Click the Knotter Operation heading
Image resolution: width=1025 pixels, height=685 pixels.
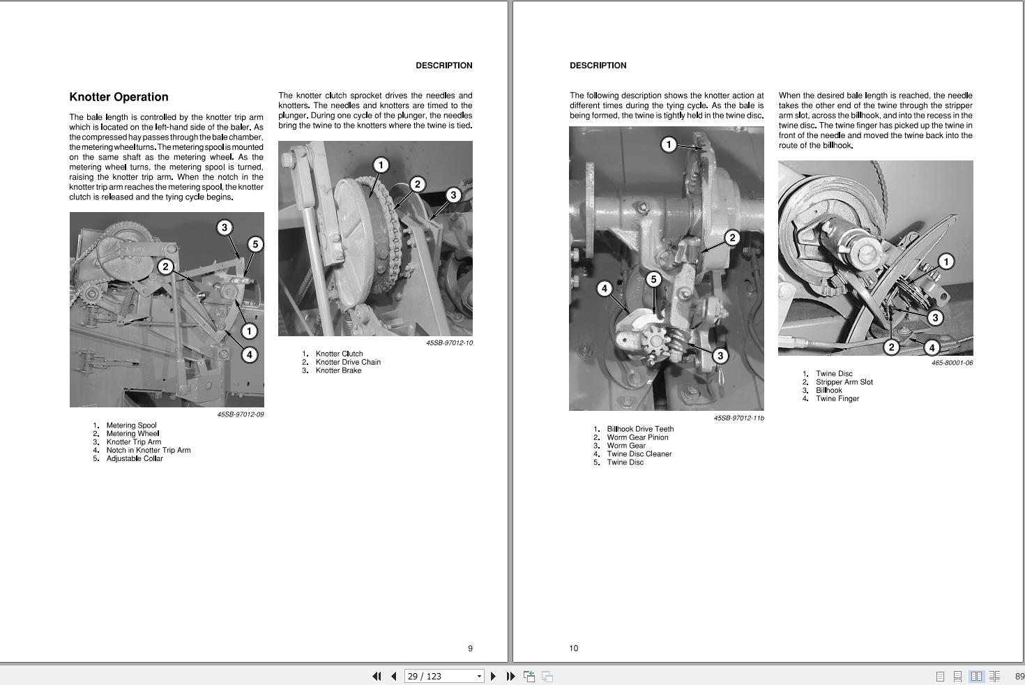119,97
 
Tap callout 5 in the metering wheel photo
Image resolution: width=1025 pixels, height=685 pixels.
255,245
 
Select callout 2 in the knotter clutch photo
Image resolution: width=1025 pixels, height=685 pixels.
417,185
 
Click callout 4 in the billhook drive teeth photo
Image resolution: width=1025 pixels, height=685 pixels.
605,289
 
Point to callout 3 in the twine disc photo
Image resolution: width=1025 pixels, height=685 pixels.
935,317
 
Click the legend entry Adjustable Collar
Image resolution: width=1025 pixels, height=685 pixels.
135,459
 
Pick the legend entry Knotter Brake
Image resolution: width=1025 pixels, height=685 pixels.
338,371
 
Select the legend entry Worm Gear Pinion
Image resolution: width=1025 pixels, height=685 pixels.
637,438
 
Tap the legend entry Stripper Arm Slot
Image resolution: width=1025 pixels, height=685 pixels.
844,382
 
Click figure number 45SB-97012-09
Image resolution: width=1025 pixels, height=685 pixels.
241,414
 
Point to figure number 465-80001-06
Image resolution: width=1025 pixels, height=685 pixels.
952,363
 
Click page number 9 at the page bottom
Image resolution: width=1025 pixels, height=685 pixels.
470,648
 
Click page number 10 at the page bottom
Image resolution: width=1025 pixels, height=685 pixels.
574,648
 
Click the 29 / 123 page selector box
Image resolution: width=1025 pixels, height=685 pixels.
444,677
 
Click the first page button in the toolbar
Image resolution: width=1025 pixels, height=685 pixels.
377,677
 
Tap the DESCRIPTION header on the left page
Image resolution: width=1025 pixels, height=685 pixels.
444,66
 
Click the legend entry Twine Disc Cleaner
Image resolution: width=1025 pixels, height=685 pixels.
639,454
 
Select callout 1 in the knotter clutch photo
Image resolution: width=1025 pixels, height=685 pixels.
381,165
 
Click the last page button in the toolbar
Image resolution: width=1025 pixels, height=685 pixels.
510,677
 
